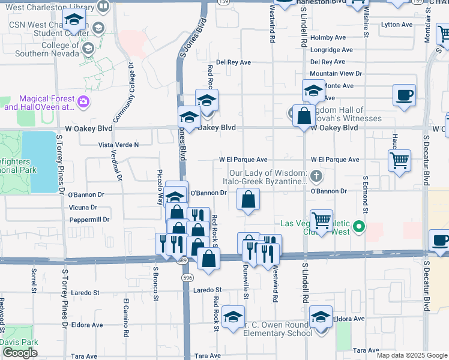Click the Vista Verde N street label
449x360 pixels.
pyautogui.click(x=118, y=145)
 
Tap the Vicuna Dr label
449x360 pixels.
pyautogui.click(x=83, y=208)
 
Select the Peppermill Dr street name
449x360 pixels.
pyautogui.click(x=89, y=220)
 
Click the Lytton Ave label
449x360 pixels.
pyautogui.click(x=397, y=25)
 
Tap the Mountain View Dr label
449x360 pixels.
pyautogui.click(x=336, y=73)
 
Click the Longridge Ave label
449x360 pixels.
pyautogui.click(x=331, y=50)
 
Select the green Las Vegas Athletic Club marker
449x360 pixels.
pyautogui.click(x=359, y=226)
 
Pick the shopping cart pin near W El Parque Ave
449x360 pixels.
pyautogui.click(x=399, y=161)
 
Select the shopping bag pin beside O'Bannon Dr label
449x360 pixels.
pyautogui.click(x=248, y=199)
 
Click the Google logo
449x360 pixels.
pyautogui.click(x=20, y=353)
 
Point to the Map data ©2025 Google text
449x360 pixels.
pyautogui.click(x=411, y=355)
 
